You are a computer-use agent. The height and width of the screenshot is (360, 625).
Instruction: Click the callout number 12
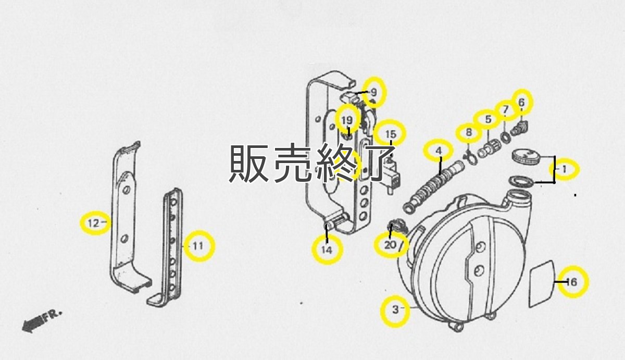coord(93,224)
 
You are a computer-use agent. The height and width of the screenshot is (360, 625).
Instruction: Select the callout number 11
coord(197,246)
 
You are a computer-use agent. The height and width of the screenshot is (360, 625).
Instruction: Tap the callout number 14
coord(326,250)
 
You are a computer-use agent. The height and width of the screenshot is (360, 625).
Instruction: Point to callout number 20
coord(390,245)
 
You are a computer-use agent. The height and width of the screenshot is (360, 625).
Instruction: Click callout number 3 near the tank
coord(395,309)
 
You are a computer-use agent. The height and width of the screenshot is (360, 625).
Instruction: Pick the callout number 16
coord(571,282)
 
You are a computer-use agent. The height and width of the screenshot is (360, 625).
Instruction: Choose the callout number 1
coord(564,169)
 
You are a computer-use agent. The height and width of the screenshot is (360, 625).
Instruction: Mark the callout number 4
coord(439,151)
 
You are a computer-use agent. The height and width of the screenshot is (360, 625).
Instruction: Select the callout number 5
coord(488,119)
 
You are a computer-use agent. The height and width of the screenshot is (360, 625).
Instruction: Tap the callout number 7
coord(504,110)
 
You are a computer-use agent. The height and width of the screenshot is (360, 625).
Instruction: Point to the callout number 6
coord(522,103)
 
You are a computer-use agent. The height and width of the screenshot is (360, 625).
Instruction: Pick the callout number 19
coord(347,120)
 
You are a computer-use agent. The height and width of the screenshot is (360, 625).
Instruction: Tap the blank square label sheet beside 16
coord(542,283)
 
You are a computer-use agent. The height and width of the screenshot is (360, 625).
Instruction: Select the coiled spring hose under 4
coord(432,185)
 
